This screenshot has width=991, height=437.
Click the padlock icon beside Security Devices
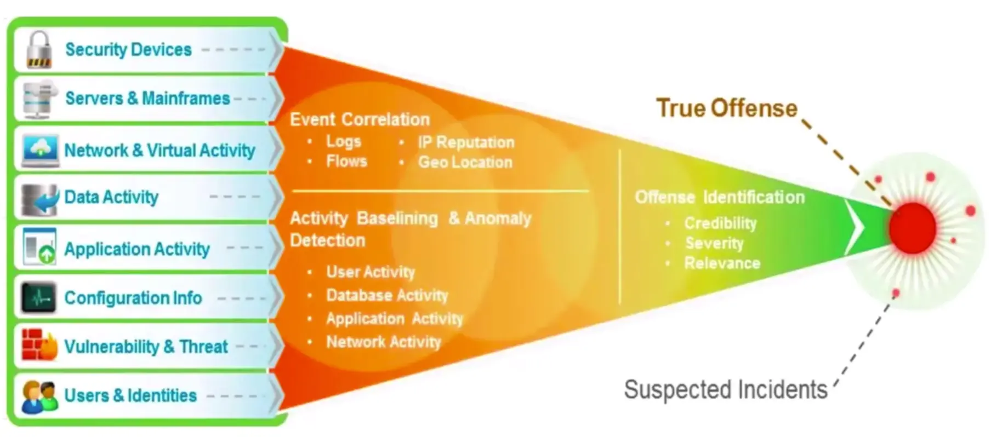point(39,50)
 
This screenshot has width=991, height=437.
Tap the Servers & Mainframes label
point(147,99)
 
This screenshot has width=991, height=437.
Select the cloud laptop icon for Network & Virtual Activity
point(40,150)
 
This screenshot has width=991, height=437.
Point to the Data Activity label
point(111,197)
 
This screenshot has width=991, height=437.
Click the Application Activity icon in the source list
point(39,247)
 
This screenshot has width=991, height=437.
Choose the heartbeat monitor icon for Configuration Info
point(38,298)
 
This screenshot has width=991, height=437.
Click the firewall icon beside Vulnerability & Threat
point(39,346)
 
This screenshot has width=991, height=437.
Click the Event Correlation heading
point(360,119)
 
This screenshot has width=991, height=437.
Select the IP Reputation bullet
point(466,142)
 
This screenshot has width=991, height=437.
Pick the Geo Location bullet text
point(465,162)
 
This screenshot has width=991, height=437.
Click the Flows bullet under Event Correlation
point(346,162)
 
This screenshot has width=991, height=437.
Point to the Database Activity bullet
point(387,296)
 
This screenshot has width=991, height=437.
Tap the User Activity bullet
point(371,272)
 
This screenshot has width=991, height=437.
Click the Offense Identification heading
point(720,197)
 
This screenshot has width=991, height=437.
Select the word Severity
point(714,243)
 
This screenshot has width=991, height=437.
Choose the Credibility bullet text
point(720,223)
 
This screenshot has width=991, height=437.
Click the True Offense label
point(727,108)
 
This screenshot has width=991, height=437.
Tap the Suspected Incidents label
point(726,390)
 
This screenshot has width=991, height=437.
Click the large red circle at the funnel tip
point(913,228)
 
